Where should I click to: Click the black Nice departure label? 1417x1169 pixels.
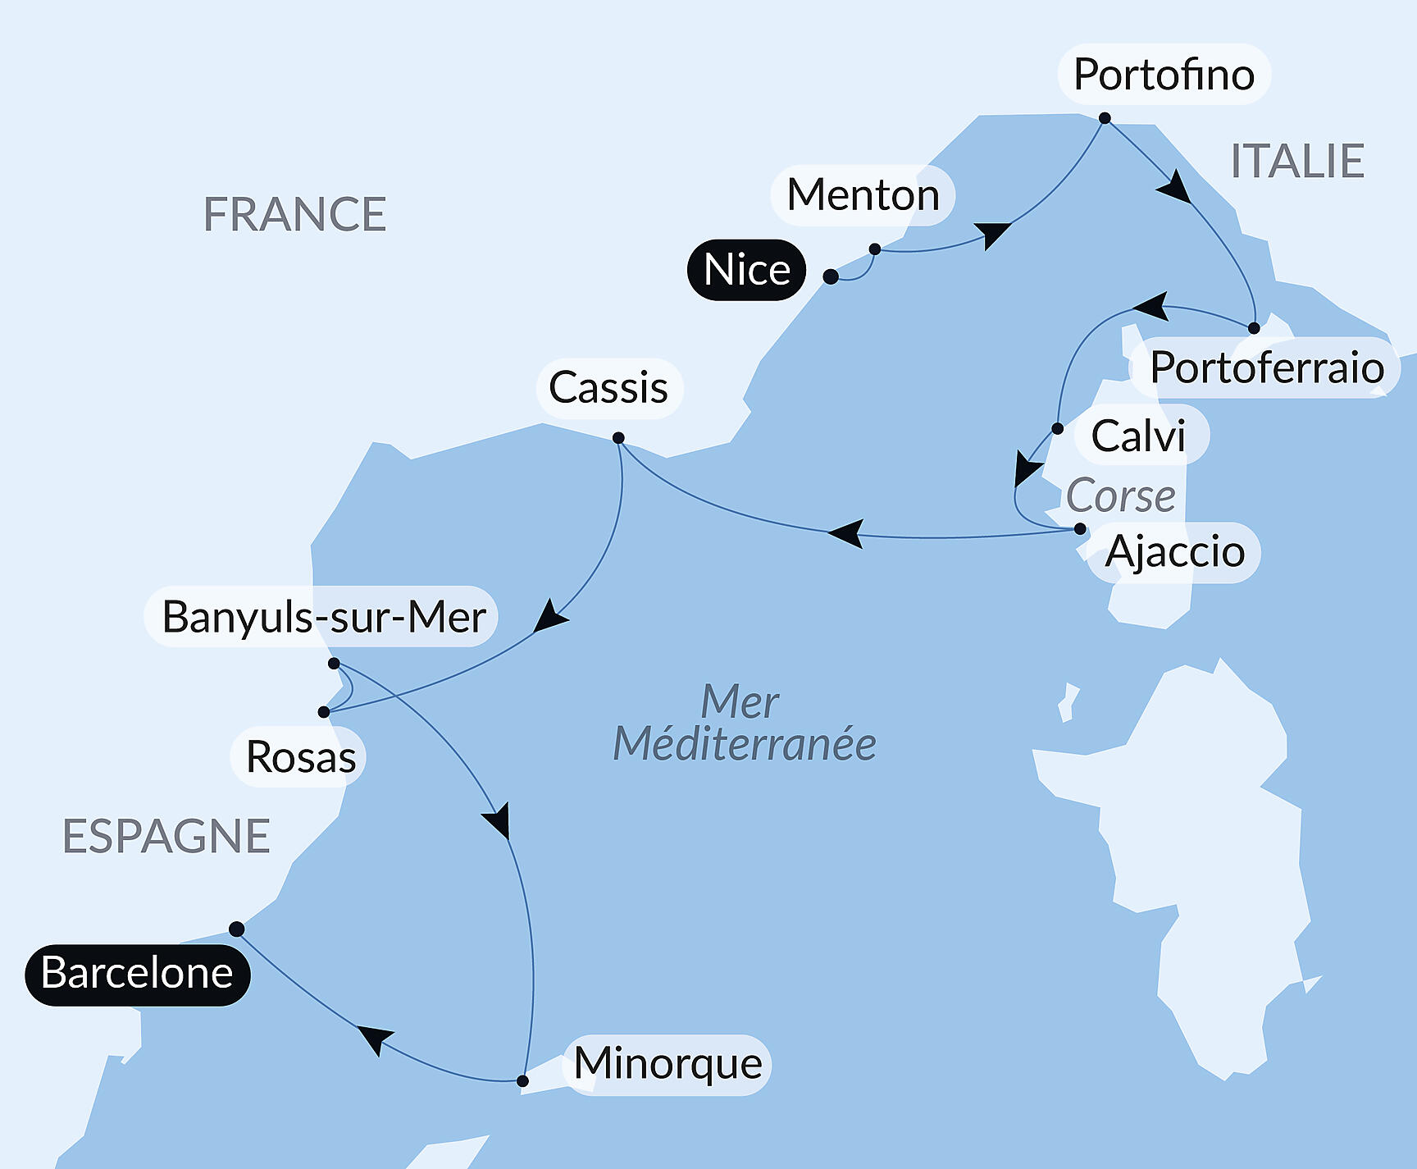(746, 270)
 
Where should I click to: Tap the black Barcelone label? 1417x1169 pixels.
(137, 974)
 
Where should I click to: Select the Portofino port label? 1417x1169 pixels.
(1164, 75)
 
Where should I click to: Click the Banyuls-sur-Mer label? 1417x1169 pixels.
(322, 616)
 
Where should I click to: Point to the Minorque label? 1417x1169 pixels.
(667, 1064)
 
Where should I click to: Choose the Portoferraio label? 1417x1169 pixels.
(1265, 368)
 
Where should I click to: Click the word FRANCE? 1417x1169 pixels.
(294, 215)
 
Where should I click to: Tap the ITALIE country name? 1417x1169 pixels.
(1297, 161)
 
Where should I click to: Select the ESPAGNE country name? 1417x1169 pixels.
(166, 837)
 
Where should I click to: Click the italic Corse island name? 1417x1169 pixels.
(1120, 496)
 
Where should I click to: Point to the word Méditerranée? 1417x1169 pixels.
(745, 744)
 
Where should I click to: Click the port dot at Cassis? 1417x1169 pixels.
(618, 438)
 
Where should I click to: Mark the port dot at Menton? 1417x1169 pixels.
(875, 249)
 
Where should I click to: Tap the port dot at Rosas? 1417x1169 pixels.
(324, 712)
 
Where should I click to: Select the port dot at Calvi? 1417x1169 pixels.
(1057, 428)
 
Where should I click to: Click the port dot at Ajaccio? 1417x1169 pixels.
(1080, 529)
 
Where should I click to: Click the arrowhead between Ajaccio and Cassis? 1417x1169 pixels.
(847, 532)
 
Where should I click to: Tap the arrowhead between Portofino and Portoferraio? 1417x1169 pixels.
(1175, 187)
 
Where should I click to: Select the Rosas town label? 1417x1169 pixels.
(300, 756)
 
